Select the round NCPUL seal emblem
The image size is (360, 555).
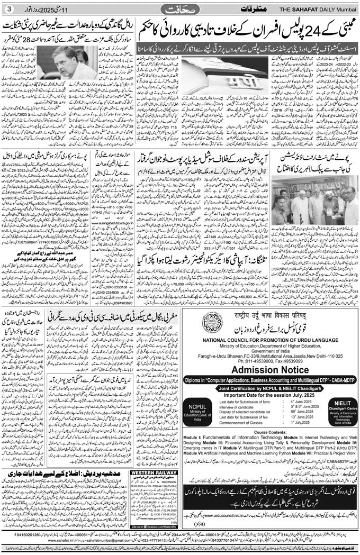pos(212,322)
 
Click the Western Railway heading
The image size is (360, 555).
pos(147,472)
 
